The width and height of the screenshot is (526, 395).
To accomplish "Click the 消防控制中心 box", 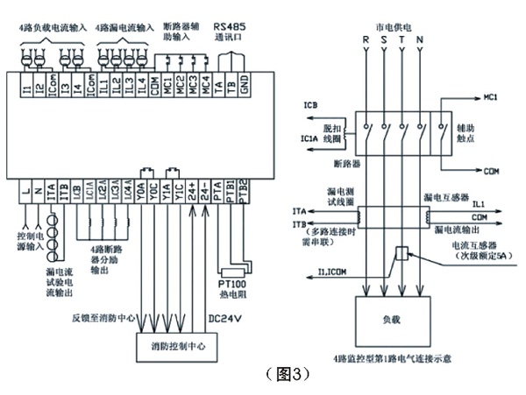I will pos(177,346).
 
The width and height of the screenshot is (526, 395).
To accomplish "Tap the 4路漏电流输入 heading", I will pos(122,29).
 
